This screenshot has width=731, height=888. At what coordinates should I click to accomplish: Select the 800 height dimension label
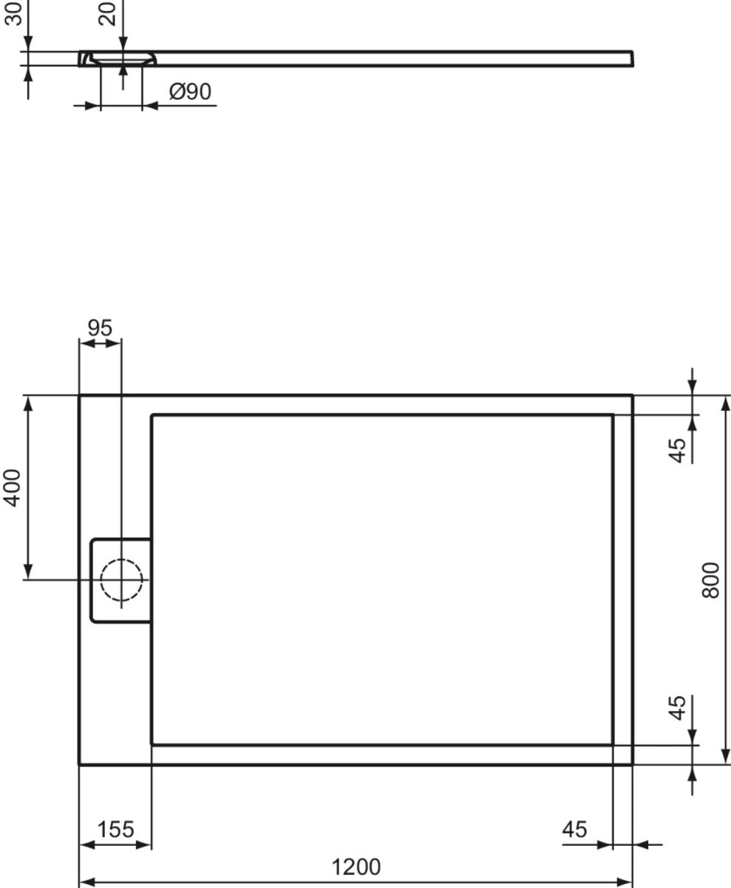[x=710, y=580]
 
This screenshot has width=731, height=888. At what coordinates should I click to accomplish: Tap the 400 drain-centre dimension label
[x=12, y=488]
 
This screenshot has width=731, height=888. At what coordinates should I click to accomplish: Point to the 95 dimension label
[x=100, y=328]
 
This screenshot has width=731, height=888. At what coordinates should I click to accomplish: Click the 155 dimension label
[x=115, y=829]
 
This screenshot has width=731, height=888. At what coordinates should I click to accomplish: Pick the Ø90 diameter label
[x=190, y=91]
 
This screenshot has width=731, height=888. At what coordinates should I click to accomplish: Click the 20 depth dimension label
[x=106, y=13]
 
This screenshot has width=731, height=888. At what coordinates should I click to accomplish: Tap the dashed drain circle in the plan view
[x=121, y=579]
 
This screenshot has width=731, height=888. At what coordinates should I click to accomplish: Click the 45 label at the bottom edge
[x=574, y=829]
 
